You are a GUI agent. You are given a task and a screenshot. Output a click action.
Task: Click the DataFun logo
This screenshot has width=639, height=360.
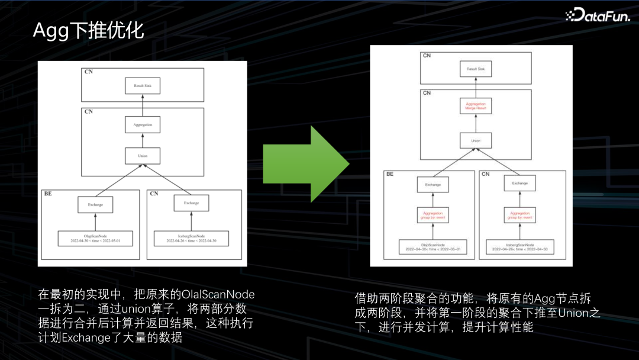[598, 15]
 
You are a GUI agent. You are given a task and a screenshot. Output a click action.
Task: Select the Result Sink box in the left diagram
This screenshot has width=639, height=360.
[143, 86]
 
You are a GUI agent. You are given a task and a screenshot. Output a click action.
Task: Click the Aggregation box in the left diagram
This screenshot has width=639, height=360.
[143, 125]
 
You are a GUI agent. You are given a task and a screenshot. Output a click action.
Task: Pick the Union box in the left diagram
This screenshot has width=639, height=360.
[143, 156]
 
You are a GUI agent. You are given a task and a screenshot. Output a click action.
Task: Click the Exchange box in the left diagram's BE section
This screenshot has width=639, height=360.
[95, 204]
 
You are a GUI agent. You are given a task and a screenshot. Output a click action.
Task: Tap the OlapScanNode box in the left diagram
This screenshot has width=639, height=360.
[95, 239]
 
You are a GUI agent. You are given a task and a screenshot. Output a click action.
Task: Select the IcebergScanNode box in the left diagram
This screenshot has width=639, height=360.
[191, 239]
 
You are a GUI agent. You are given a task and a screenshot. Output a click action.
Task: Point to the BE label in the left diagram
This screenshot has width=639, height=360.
[48, 194]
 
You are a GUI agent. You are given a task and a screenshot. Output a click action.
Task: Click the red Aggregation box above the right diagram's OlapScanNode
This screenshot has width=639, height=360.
[433, 215]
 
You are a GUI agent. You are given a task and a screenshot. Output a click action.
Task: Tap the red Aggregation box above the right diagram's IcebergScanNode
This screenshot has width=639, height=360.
[519, 215]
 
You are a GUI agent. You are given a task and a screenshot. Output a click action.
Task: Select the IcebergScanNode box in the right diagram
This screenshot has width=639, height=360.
[519, 247]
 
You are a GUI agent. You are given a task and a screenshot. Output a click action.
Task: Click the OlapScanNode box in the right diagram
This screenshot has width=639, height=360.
[433, 247]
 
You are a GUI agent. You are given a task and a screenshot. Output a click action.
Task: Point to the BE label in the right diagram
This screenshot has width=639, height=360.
[390, 175]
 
